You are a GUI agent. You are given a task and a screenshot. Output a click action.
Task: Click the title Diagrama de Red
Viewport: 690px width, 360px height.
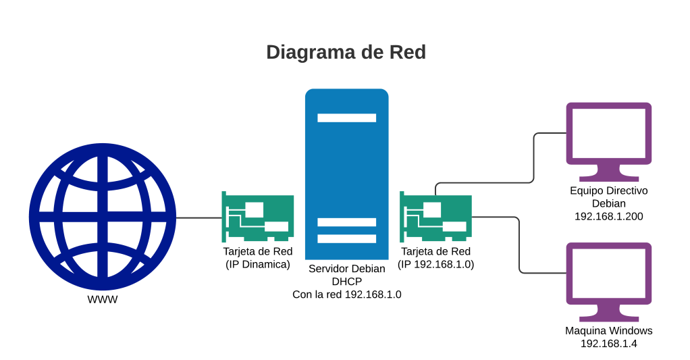pos(345,53)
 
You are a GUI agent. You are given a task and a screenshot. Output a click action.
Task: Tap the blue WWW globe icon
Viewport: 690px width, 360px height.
pos(103,217)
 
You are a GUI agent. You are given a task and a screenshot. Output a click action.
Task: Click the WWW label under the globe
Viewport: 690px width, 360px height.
pos(103,299)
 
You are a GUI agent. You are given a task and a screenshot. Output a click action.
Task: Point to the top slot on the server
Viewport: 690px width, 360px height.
pos(347,118)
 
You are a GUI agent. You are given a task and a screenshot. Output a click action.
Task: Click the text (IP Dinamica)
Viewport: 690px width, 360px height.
pos(257,265)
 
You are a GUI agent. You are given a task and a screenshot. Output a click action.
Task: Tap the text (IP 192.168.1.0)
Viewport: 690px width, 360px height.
pos(435,265)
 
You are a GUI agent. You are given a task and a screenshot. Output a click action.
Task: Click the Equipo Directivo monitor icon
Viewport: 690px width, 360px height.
pos(608,135)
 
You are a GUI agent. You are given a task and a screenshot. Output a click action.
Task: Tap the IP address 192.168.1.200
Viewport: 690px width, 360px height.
pos(608,216)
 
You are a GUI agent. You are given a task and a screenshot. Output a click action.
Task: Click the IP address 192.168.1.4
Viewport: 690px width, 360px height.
pos(608,344)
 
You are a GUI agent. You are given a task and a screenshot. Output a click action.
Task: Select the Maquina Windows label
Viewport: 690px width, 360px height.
pos(608,331)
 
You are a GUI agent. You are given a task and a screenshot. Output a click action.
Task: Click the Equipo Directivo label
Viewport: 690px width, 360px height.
pos(608,190)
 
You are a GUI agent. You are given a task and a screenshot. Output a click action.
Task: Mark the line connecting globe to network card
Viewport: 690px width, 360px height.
pos(198,217)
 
